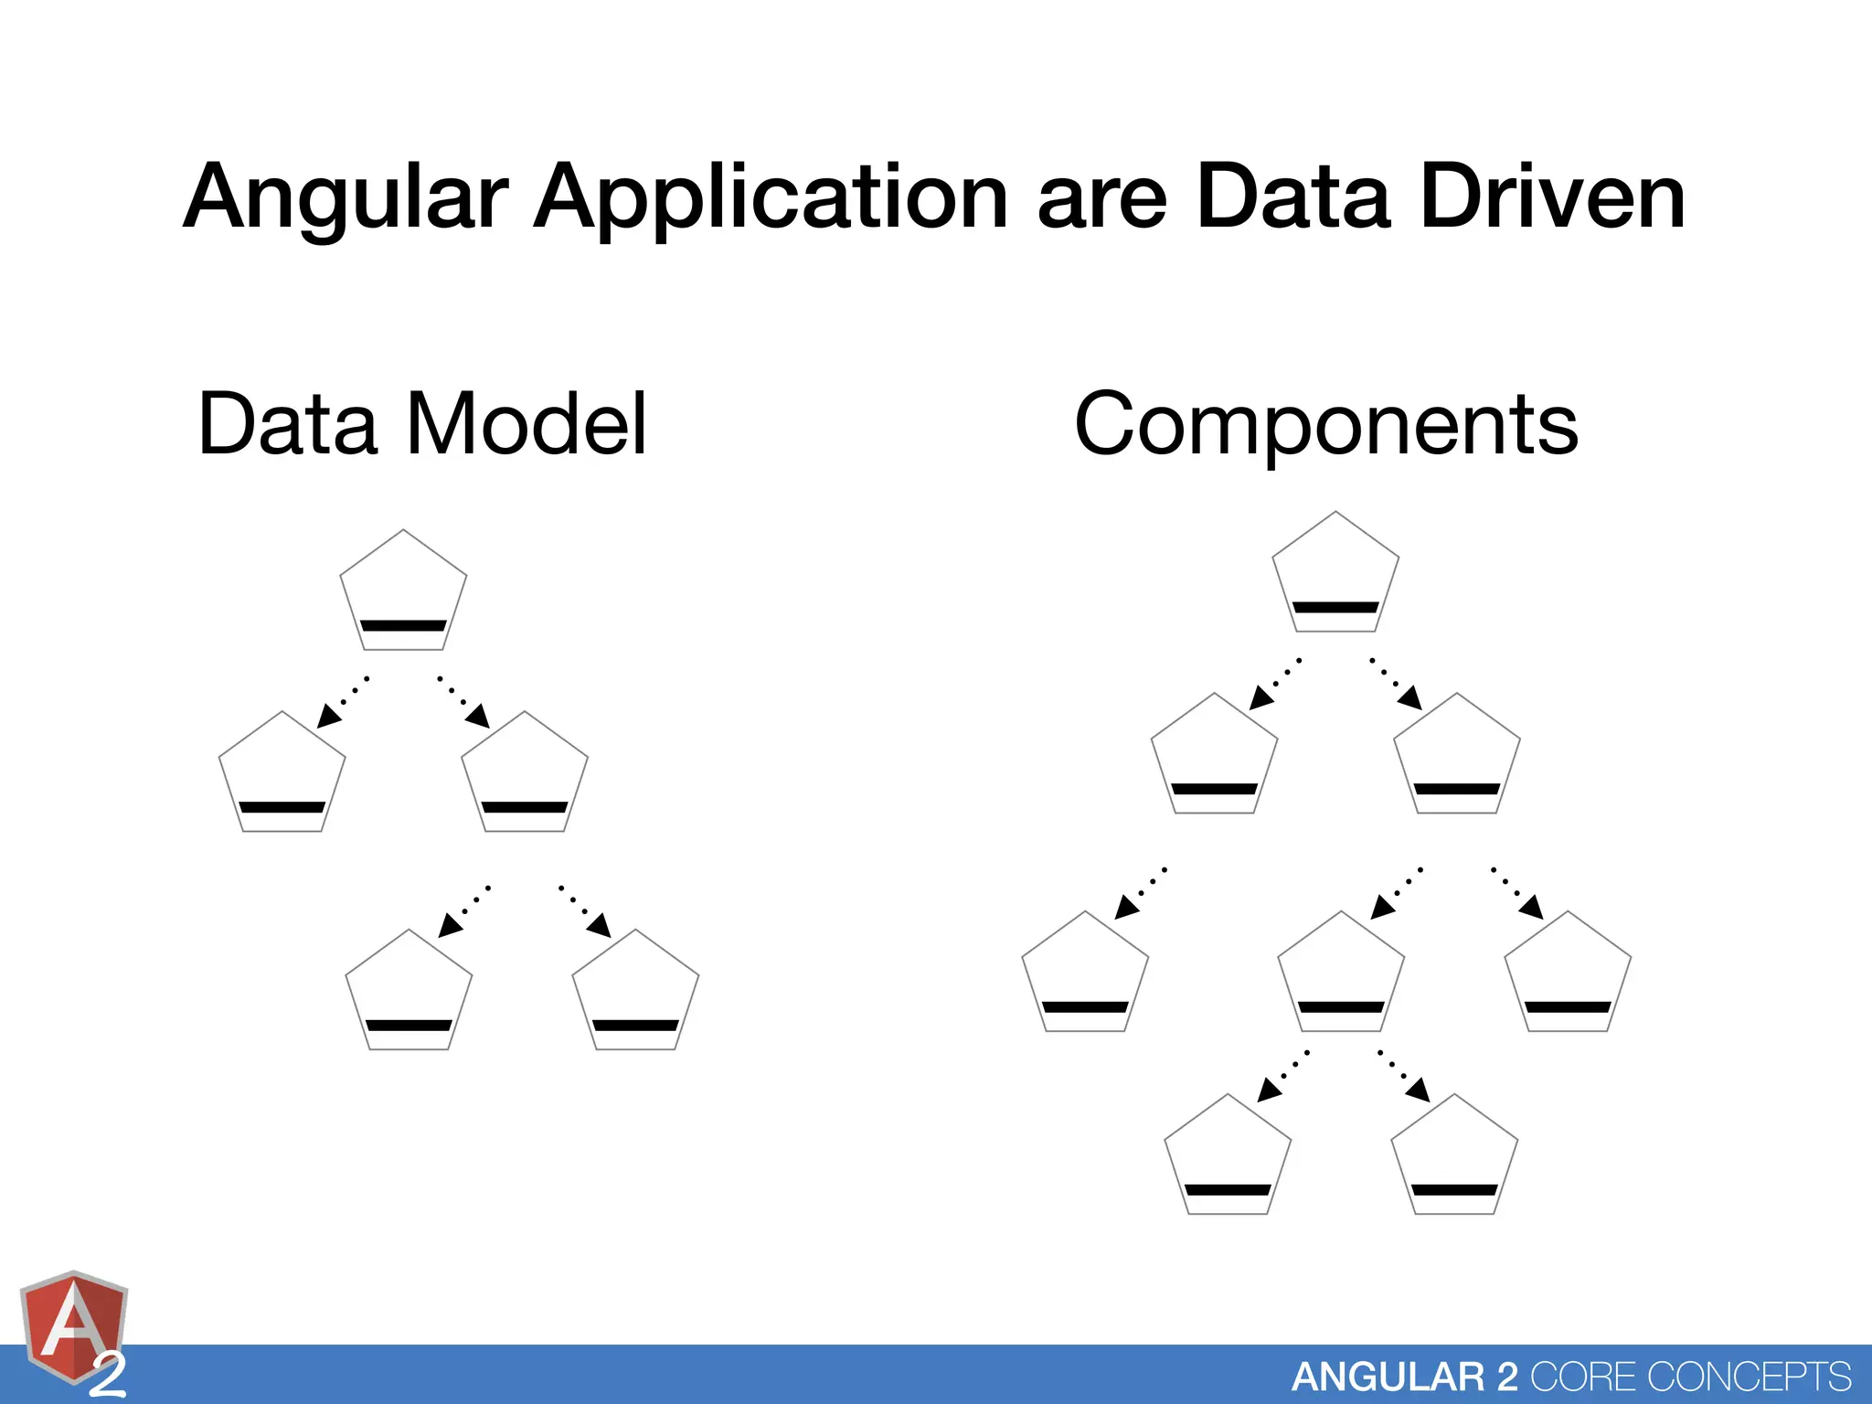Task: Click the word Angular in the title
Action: click(x=346, y=197)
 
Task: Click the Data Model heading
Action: click(x=422, y=423)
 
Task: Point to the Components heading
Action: click(x=1325, y=423)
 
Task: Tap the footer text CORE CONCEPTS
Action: click(x=1691, y=1377)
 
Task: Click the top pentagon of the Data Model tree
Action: click(x=403, y=592)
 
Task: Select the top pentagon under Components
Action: click(x=1335, y=574)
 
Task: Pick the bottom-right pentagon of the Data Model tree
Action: click(x=635, y=993)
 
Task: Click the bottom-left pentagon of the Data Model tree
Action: click(x=409, y=993)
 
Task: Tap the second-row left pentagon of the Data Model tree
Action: click(x=282, y=774)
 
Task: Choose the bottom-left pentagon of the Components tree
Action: click(x=1228, y=1157)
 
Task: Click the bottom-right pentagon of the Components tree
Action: click(x=1454, y=1157)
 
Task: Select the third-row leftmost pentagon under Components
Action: click(x=1085, y=974)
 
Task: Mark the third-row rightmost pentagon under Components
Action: click(x=1568, y=974)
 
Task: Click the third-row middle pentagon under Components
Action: click(x=1341, y=974)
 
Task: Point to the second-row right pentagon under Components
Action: click(x=1457, y=756)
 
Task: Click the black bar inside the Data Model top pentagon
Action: click(x=403, y=626)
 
